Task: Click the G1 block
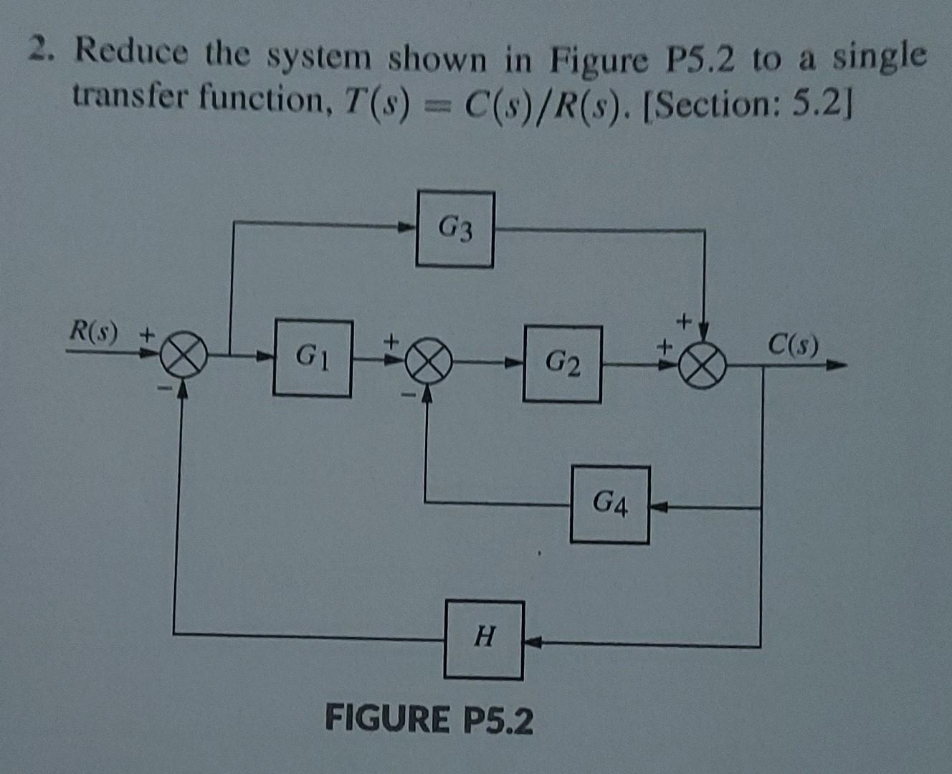click(313, 358)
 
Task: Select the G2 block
click(562, 364)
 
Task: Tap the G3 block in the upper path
click(455, 229)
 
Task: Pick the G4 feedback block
click(610, 505)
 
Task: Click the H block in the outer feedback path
click(484, 639)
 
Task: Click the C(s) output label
click(792, 345)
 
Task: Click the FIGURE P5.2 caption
click(429, 720)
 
